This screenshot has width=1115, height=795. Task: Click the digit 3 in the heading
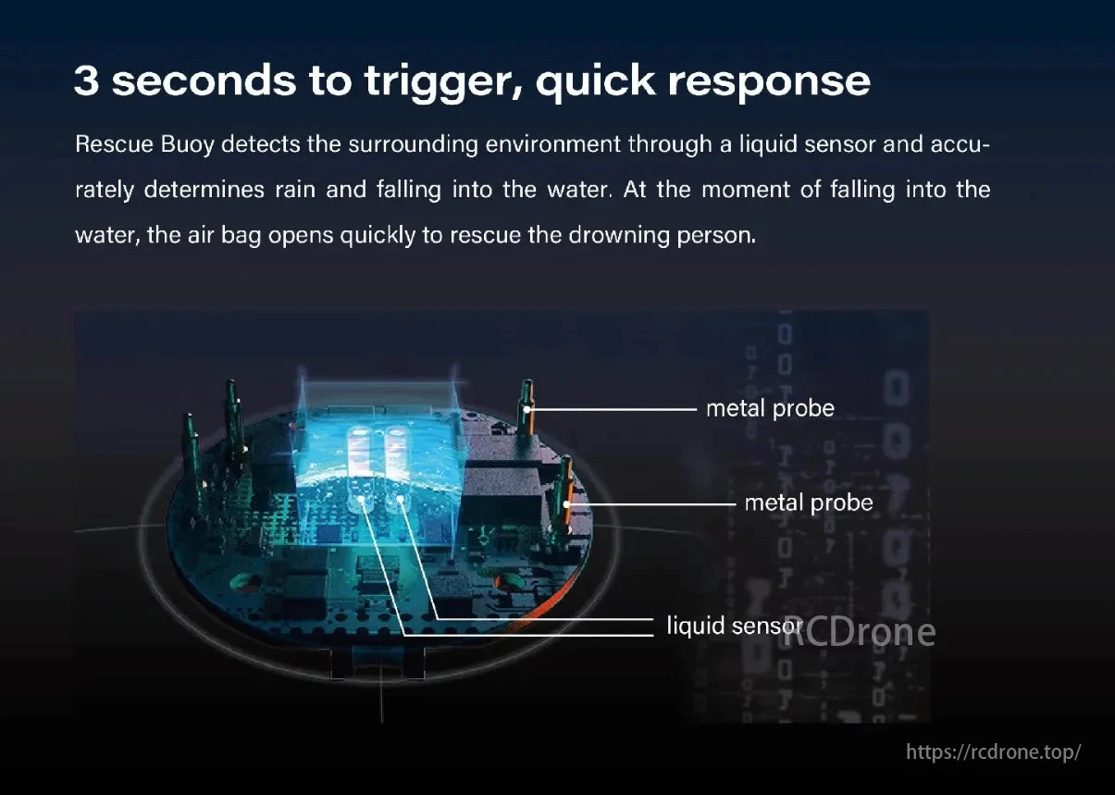[x=86, y=81]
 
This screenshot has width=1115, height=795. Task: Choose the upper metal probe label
[x=770, y=408]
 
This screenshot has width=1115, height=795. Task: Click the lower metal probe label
[x=809, y=503]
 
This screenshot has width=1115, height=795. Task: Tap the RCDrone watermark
[x=859, y=632]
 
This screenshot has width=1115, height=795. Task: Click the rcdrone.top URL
[x=993, y=752]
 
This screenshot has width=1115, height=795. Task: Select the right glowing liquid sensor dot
[x=401, y=503]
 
